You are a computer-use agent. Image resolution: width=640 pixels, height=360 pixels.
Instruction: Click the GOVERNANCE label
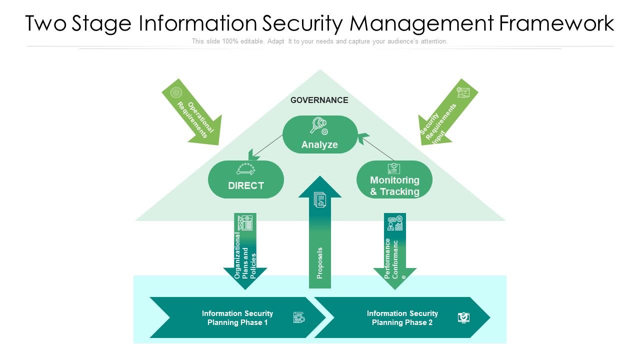coord(319,100)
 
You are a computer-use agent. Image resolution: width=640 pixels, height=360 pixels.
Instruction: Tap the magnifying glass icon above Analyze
coord(318,125)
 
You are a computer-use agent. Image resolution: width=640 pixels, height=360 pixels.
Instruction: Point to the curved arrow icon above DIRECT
coord(245,169)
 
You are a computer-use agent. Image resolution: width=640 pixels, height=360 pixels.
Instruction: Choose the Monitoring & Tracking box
coord(394,180)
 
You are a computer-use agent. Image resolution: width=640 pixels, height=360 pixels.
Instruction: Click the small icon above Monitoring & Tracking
coord(393,168)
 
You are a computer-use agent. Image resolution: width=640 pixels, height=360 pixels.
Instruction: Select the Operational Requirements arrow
coord(192,113)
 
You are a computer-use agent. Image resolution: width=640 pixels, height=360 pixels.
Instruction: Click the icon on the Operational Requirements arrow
coord(176,92)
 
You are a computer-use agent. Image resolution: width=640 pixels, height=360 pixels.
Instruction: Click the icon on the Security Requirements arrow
coord(463,92)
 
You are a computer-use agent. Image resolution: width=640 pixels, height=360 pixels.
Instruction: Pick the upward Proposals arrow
coord(320,235)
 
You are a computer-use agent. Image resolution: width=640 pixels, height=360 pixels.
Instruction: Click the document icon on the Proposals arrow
coord(320,200)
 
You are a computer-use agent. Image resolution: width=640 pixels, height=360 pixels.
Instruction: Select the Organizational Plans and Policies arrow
coord(245,250)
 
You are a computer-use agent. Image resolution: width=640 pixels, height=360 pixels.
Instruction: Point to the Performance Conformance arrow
coord(394,250)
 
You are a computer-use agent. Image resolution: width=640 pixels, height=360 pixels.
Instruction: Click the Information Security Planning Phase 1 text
coord(237,318)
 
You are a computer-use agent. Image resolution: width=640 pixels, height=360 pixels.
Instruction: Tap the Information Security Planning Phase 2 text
coord(402,318)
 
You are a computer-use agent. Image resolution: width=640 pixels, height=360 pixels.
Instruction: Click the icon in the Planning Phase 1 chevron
coord(298,317)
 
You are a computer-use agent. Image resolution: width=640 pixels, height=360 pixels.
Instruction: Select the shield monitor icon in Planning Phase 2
coord(463,317)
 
